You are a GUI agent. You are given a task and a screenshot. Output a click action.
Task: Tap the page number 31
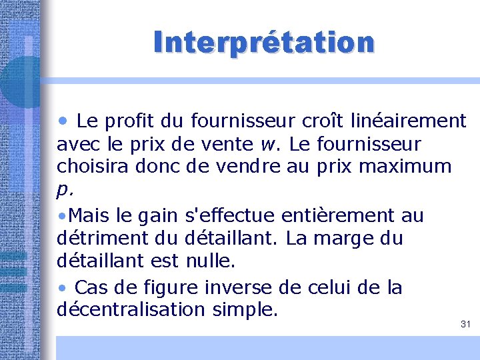[465, 325]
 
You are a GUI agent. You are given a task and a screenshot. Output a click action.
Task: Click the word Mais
[86, 215]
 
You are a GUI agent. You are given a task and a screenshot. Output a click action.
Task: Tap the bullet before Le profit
[63, 121]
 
